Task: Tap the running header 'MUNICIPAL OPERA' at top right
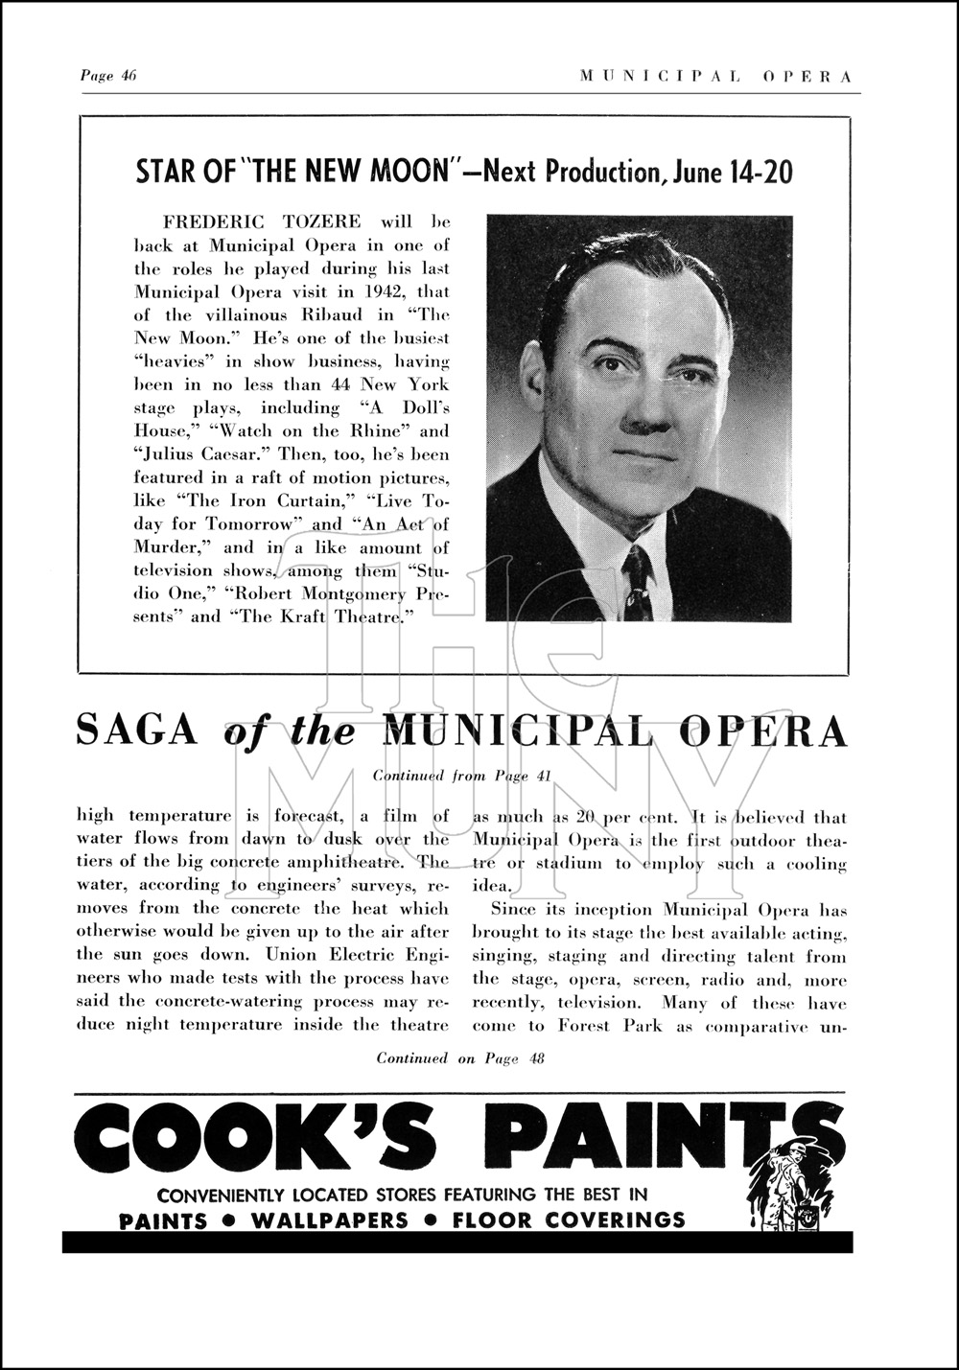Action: click(x=715, y=78)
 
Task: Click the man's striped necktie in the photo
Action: click(x=638, y=579)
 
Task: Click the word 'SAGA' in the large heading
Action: click(x=137, y=731)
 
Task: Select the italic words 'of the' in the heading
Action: click(x=290, y=733)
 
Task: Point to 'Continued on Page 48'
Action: click(x=460, y=1058)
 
